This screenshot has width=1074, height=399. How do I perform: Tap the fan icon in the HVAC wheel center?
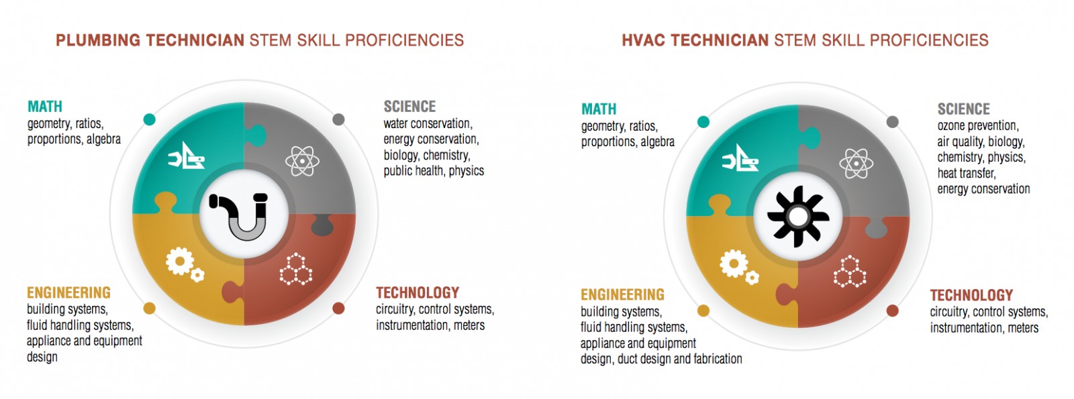(x=798, y=217)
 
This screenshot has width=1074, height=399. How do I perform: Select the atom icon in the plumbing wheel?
(x=302, y=161)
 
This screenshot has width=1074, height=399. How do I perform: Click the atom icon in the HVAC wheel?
(x=857, y=164)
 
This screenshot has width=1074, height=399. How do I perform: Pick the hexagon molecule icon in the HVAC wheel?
(x=850, y=272)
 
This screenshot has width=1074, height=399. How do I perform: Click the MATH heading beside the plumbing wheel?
(x=45, y=107)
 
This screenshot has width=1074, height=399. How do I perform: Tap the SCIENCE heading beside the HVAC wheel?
(x=964, y=109)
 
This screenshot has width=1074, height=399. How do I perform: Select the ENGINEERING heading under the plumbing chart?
(x=68, y=292)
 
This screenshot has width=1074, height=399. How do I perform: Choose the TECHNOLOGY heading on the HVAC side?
(x=971, y=295)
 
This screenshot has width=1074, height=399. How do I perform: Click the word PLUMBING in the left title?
(x=98, y=40)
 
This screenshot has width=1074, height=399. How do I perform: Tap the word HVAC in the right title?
(x=644, y=40)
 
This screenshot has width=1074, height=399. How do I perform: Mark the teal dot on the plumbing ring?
(x=150, y=119)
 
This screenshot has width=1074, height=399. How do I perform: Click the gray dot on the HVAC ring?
(x=892, y=121)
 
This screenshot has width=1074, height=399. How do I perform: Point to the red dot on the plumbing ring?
(x=338, y=308)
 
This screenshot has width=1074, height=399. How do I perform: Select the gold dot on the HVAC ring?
(x=703, y=311)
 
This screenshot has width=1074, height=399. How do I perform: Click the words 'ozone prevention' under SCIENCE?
(x=977, y=126)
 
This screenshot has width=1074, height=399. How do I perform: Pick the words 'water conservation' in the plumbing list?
(x=427, y=123)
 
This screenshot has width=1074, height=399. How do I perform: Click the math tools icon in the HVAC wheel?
(x=740, y=158)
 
